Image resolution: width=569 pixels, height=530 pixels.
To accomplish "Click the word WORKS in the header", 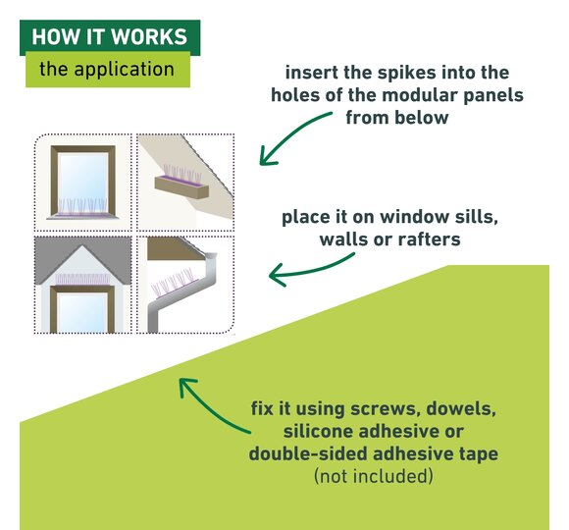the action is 149,36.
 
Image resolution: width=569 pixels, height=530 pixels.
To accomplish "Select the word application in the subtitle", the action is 125,70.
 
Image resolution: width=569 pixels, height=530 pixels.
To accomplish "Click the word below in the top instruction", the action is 424,118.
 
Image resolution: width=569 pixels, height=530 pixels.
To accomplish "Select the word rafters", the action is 430,239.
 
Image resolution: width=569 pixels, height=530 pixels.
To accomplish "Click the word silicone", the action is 318,432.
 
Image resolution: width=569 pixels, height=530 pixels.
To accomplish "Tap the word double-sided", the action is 308,454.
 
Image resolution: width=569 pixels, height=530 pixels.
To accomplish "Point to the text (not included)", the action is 374,476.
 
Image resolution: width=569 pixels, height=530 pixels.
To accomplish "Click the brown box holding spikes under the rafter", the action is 181,186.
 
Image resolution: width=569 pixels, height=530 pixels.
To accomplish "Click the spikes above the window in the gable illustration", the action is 82,279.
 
